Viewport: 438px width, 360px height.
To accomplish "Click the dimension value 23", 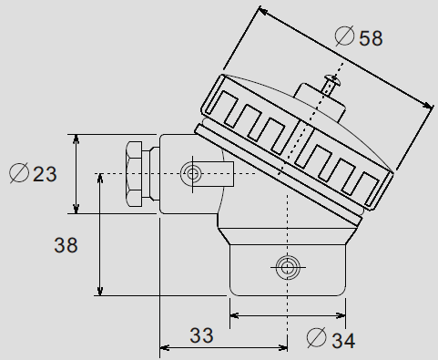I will (44, 172).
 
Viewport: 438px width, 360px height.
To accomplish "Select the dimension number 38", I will (66, 244).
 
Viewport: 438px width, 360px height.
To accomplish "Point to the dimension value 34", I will (341, 341).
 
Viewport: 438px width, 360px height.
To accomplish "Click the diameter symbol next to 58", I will (345, 37).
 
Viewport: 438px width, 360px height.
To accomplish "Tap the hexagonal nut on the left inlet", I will (135, 174).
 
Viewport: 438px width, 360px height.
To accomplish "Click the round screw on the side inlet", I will (192, 173).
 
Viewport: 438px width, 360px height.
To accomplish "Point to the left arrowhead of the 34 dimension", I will (234, 316).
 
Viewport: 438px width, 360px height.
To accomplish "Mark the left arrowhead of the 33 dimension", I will (165, 346).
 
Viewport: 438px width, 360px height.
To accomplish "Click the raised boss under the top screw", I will (319, 106).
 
